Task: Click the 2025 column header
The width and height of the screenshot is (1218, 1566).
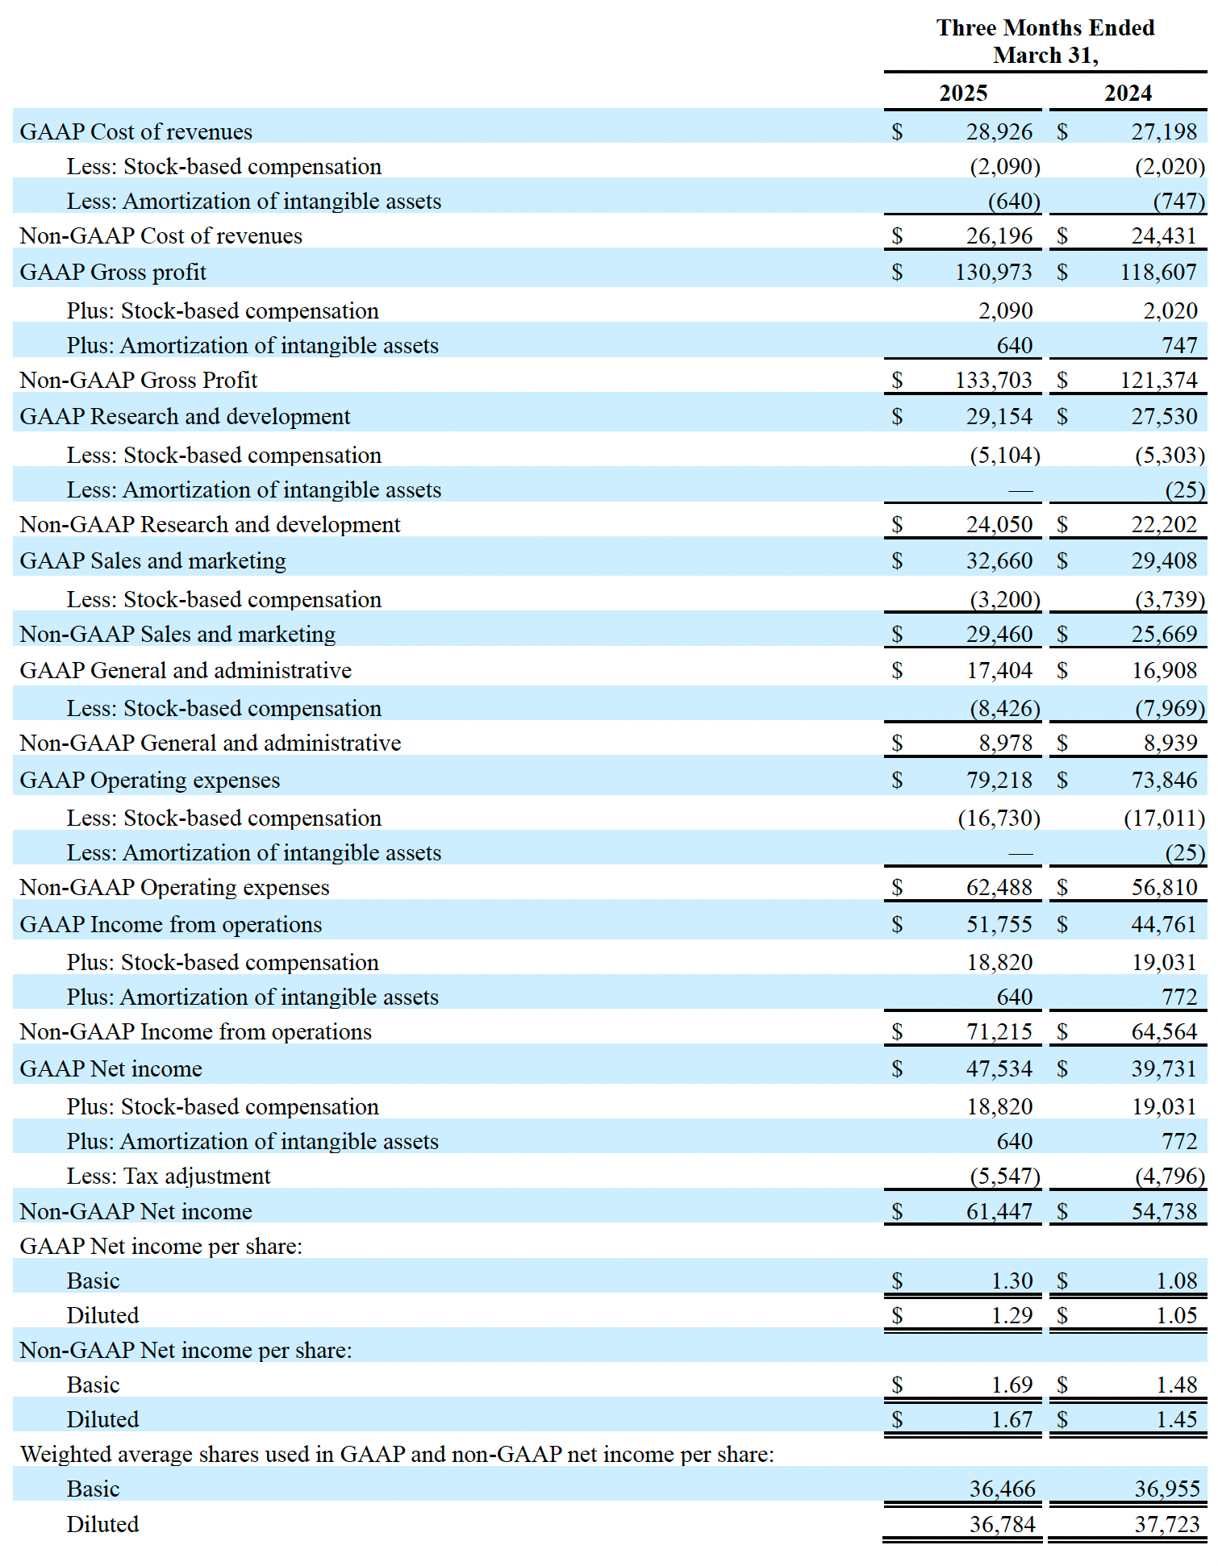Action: coord(963,93)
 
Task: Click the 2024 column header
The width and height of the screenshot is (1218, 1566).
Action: coord(1128,93)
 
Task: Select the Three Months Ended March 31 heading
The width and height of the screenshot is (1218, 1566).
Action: coord(1045,41)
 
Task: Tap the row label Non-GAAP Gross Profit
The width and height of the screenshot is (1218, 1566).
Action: coord(139,380)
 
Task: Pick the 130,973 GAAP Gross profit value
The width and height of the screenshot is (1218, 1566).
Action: coord(993,272)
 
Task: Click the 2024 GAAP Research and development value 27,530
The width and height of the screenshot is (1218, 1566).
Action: coord(1163,416)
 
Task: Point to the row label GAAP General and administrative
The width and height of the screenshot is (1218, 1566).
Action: coord(186,670)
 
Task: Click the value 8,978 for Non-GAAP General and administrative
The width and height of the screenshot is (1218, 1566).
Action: coord(1005,743)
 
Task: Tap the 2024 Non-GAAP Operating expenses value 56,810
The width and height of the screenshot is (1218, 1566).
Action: coord(1163,887)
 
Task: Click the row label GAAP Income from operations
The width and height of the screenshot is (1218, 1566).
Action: coord(171,924)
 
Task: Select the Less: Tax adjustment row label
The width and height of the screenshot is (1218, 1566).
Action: coord(169,1176)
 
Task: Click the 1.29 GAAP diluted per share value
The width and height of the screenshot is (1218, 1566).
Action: coord(1012,1315)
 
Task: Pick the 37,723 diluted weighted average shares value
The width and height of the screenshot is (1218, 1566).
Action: coord(1166,1524)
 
